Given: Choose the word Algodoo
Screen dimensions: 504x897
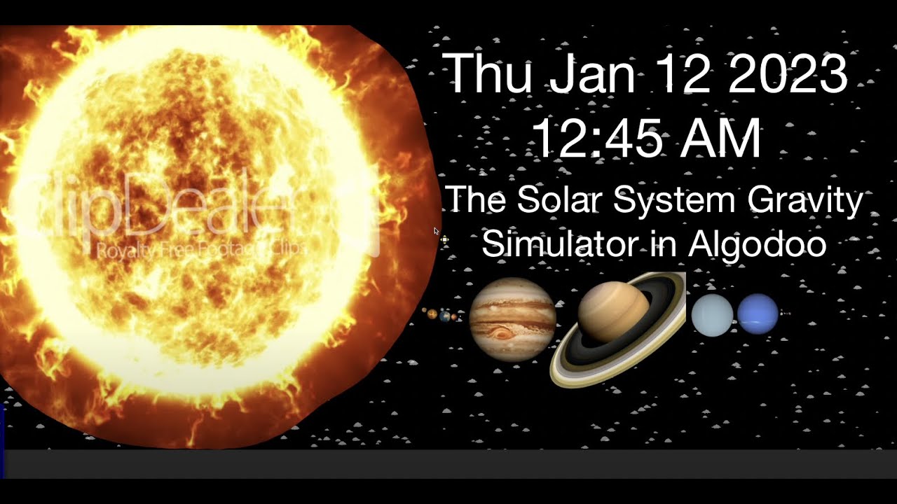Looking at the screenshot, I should coord(758,244).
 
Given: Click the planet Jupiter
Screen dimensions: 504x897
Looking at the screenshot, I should coord(512,319).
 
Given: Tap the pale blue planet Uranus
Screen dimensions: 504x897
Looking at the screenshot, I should coord(712,315).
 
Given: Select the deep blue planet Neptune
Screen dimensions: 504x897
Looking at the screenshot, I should coord(758,314).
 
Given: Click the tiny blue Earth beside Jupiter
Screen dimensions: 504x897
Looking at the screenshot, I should coord(445,316).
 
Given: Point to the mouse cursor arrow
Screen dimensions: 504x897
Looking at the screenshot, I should coord(436,231).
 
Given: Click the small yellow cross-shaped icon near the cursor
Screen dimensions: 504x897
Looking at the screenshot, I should coord(445,240).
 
